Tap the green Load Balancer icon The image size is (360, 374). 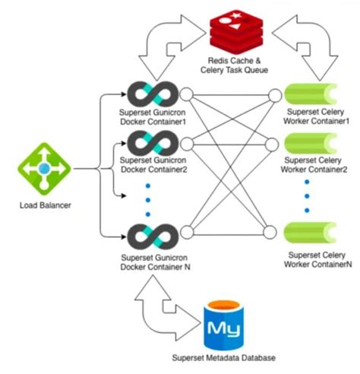coord(45,169)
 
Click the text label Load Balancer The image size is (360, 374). coord(45,205)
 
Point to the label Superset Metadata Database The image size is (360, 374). coord(225,358)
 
